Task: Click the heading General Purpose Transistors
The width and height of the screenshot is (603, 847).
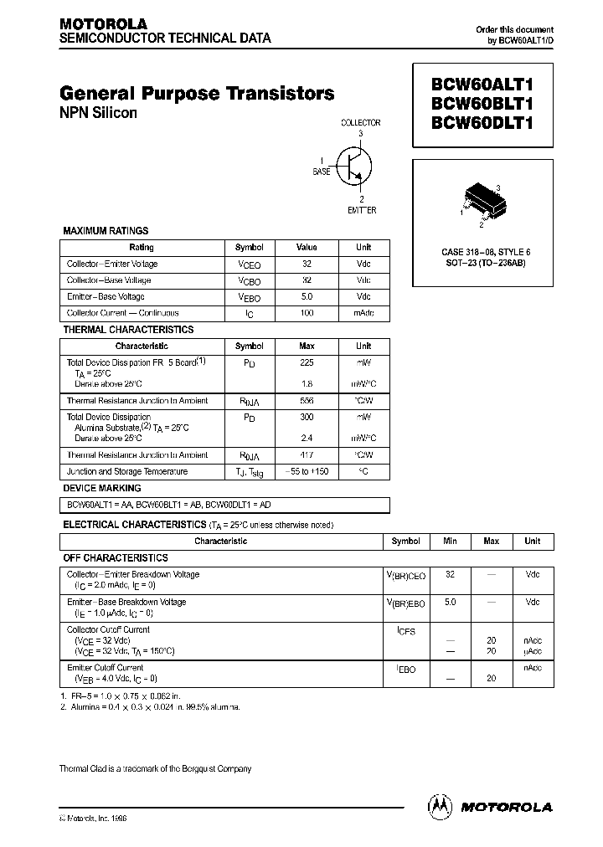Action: tap(197, 93)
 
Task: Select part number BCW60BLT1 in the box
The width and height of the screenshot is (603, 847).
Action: tap(482, 104)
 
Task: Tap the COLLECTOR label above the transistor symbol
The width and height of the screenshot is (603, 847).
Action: tap(360, 123)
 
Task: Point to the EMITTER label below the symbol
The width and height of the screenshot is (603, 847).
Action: tap(362, 210)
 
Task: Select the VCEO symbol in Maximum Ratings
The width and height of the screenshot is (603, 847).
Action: tap(249, 264)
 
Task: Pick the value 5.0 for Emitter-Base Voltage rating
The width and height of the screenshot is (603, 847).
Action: tap(307, 296)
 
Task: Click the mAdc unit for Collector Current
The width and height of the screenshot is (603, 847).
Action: tap(363, 313)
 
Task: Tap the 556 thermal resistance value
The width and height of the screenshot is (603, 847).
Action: tap(307, 401)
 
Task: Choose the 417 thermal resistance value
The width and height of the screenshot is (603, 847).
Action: tap(307, 455)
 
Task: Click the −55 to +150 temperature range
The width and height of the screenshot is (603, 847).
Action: tap(307, 472)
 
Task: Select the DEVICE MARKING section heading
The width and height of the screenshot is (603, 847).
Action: tap(102, 488)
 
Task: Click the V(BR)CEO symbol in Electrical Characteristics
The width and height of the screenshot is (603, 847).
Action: tap(405, 576)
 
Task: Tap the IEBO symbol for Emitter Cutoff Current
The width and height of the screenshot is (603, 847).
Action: tap(405, 670)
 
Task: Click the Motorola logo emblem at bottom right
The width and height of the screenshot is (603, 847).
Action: tap(438, 806)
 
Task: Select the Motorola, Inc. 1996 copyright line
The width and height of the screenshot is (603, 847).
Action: tap(94, 818)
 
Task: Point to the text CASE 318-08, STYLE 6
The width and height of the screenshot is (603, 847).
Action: tap(486, 252)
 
